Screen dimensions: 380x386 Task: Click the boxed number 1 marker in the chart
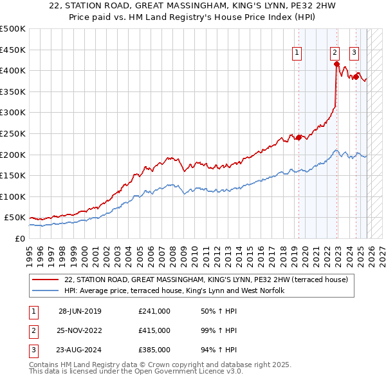[x=298, y=53]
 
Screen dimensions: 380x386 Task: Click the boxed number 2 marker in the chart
[x=335, y=53]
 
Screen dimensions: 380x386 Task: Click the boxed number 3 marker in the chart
[x=354, y=53]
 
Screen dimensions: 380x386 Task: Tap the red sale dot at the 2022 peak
[x=336, y=64]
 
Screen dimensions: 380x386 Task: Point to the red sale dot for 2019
[x=299, y=137]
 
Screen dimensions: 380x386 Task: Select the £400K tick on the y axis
[x=14, y=70]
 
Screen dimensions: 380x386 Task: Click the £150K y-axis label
[x=14, y=175]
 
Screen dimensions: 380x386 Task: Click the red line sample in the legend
[x=46, y=280]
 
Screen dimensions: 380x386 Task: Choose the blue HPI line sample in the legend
[x=46, y=291]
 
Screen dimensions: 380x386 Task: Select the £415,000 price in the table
[x=154, y=330]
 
